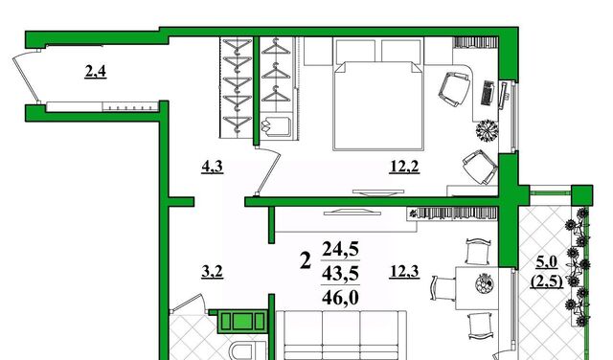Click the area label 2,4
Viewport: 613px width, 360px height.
pyautogui.click(x=96, y=72)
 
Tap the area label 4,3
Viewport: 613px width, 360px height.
pyautogui.click(x=213, y=167)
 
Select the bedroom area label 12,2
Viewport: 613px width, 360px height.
pyautogui.click(x=404, y=167)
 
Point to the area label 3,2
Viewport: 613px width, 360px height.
pyautogui.click(x=213, y=271)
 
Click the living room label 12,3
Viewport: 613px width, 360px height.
pyautogui.click(x=404, y=271)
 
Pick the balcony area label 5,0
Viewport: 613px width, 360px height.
pyautogui.click(x=547, y=262)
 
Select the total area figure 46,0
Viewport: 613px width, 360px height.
pyautogui.click(x=340, y=298)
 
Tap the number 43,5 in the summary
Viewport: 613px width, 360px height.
pyautogui.click(x=340, y=274)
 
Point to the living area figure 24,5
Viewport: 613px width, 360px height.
pyautogui.click(x=340, y=249)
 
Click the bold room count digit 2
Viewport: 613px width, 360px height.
pyautogui.click(x=306, y=260)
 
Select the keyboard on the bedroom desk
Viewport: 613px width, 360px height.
pyautogui.click(x=488, y=93)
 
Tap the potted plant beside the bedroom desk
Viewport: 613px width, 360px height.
pyautogui.click(x=487, y=130)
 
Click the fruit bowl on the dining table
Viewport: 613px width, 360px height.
pyautogui.click(x=485, y=283)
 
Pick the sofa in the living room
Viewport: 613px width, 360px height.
pyautogui.click(x=341, y=335)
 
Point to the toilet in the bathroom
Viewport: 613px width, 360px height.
pyautogui.click(x=245, y=351)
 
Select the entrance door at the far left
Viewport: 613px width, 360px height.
pyautogui.click(x=26, y=79)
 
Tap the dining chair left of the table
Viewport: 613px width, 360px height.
pyautogui.click(x=443, y=288)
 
